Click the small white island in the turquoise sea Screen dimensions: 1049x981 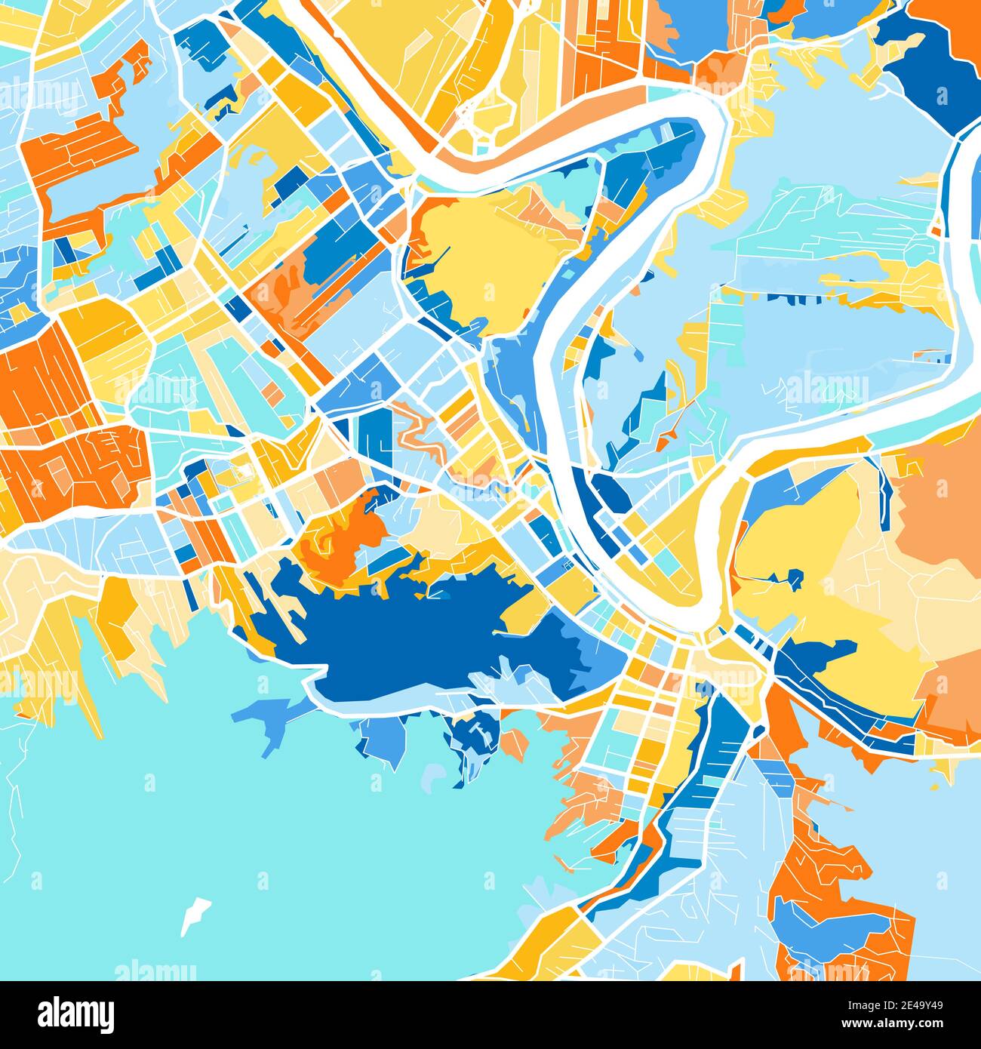194,915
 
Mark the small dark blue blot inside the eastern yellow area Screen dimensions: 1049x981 793,580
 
